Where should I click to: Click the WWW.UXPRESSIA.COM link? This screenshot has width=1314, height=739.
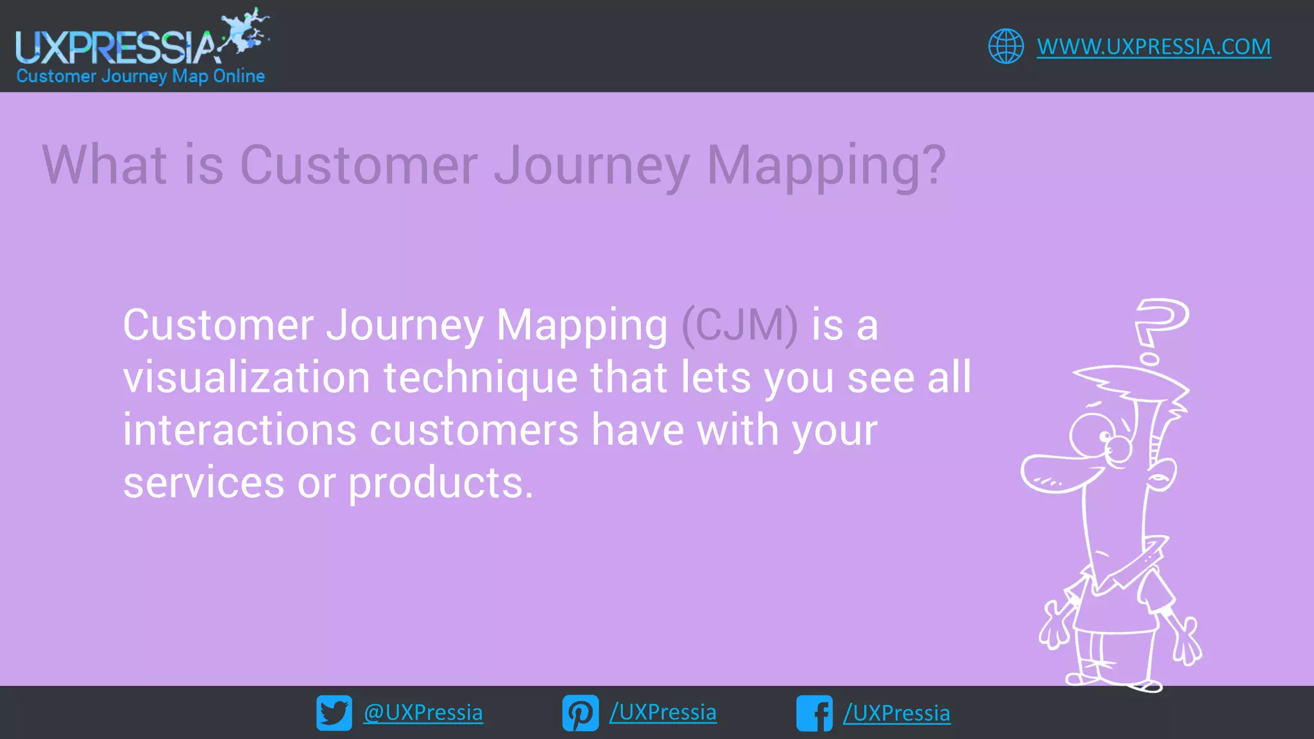coord(1153,47)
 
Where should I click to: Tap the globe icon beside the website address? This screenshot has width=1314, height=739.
coord(1005,46)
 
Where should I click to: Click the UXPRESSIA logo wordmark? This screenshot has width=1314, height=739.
coord(115,47)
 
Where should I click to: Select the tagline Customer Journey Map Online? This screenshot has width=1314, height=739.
coord(141,76)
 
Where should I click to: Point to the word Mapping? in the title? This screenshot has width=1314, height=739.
coord(826,166)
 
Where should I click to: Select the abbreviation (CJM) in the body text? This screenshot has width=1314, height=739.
coord(739,325)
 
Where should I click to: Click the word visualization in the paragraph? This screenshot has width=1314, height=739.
coord(246,378)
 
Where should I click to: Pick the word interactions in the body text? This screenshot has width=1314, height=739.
coord(239,430)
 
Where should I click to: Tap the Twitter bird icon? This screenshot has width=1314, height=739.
coord(334,713)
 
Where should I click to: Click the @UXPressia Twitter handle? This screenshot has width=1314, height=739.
coord(423,713)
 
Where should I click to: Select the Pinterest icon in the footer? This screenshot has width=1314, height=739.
coord(580,713)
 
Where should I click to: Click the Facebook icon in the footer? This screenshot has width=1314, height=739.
coord(814,713)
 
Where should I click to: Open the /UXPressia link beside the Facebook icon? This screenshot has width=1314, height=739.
coord(896,713)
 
